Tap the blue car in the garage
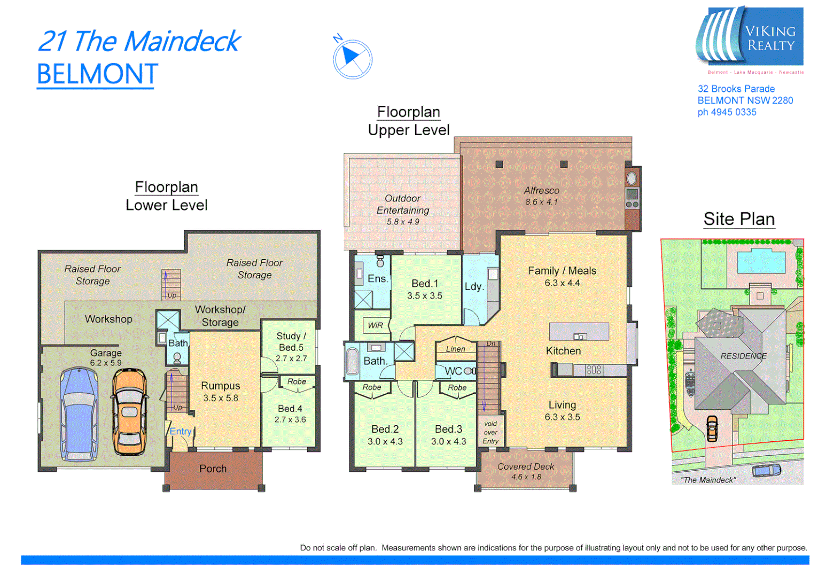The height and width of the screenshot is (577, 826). click(x=79, y=414)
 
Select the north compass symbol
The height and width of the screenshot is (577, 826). click(x=352, y=58)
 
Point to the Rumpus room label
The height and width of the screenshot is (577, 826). click(x=220, y=386)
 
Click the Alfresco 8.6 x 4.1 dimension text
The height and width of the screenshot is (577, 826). click(x=541, y=202)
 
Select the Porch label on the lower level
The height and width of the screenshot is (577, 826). click(x=213, y=469)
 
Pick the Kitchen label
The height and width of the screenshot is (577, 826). click(x=563, y=351)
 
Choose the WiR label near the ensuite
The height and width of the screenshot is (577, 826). click(x=375, y=325)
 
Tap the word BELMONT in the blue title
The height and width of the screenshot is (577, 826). click(x=97, y=74)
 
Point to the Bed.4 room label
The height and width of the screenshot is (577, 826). click(x=290, y=409)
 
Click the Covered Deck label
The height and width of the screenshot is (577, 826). click(x=526, y=466)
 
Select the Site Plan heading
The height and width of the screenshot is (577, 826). click(x=739, y=219)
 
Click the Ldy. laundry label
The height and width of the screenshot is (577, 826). click(x=474, y=286)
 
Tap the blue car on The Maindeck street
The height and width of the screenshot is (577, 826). click(x=766, y=470)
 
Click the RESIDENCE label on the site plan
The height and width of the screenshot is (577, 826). click(x=743, y=356)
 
